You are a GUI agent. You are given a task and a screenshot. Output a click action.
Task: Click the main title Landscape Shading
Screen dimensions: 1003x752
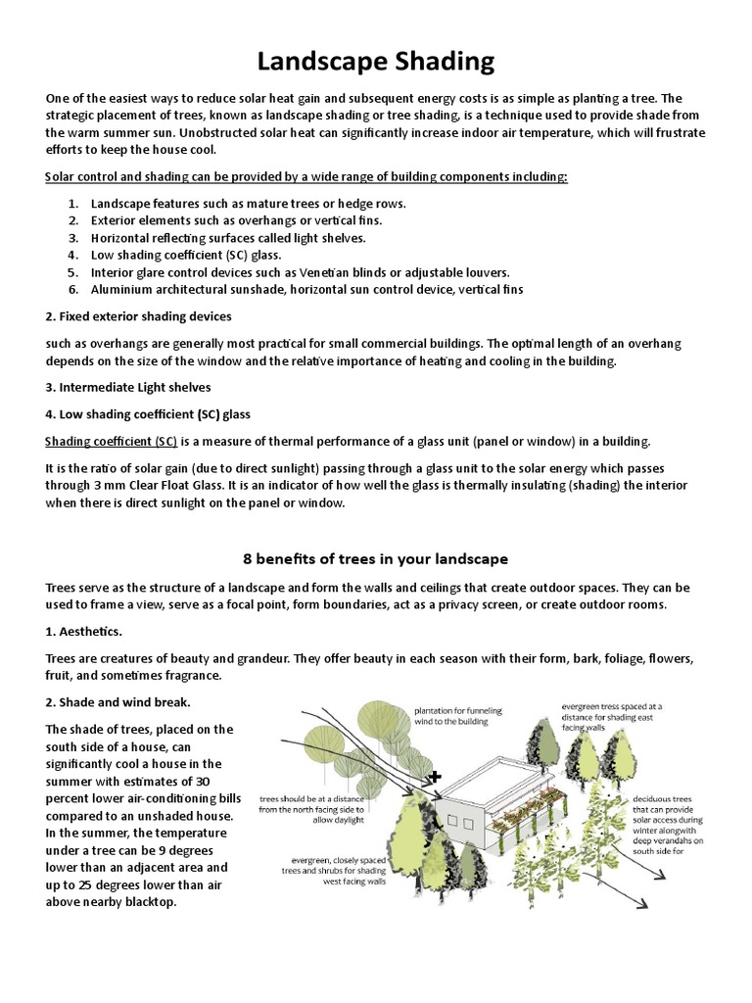coord(376,63)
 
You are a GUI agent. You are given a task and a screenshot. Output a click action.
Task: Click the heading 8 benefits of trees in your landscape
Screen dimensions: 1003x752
coord(375,558)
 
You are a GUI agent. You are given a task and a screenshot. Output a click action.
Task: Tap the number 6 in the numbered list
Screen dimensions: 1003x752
coord(72,290)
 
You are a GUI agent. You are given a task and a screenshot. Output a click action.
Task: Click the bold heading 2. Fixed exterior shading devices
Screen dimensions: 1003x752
coord(137,316)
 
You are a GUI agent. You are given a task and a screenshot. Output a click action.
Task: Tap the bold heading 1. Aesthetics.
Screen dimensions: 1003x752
coord(83,632)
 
